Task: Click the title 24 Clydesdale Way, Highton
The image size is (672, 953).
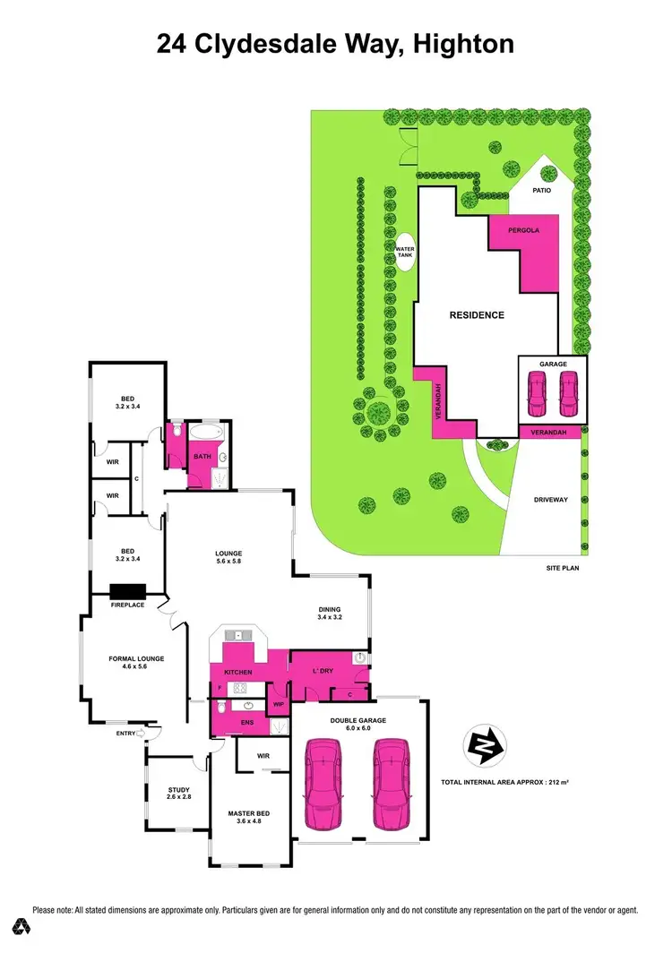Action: (x=335, y=44)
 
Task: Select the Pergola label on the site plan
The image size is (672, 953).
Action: (x=524, y=230)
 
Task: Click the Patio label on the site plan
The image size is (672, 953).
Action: (x=542, y=191)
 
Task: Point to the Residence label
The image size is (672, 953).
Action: (x=476, y=315)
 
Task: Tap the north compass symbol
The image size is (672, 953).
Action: (x=485, y=745)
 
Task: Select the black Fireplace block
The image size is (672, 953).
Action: (x=128, y=591)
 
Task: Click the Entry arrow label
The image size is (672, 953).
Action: (x=130, y=734)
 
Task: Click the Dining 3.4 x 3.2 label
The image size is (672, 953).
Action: (x=330, y=613)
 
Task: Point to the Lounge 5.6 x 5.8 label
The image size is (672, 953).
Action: (x=228, y=556)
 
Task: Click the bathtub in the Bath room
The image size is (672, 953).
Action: (x=207, y=433)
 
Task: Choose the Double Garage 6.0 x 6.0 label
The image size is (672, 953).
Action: (x=357, y=724)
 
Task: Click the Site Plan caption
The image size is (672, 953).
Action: (x=563, y=568)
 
